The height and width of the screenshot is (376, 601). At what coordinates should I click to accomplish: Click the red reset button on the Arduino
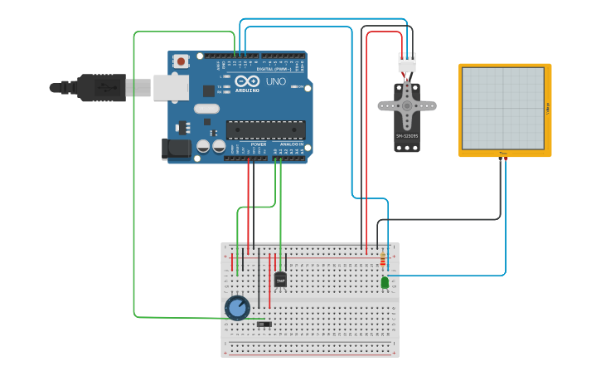point(181,61)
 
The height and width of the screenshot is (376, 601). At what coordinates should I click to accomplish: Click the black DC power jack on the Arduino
point(176,149)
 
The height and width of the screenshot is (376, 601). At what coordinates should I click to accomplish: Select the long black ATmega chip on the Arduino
point(265,129)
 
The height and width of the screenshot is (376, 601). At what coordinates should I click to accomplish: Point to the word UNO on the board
point(275,81)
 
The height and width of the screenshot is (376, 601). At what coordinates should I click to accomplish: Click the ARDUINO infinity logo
point(247,82)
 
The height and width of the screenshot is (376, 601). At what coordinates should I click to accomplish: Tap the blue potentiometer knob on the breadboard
point(237,308)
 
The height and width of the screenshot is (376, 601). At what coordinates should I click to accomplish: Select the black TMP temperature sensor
point(280,280)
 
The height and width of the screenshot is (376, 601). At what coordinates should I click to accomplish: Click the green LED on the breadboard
point(385,283)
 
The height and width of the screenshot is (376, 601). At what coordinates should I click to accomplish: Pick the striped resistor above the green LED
point(382,260)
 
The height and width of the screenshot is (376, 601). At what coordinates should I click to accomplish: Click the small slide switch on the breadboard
point(264,324)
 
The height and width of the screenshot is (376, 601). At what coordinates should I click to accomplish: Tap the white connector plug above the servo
point(407,63)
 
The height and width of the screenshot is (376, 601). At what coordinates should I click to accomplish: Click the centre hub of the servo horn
point(407,105)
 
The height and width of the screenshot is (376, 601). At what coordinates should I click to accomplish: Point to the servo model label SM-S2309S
point(407,135)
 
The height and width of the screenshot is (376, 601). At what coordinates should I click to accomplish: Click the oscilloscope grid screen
point(503,108)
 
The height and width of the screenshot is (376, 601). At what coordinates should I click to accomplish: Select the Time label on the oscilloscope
point(503,154)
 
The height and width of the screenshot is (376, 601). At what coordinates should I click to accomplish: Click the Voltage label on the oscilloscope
point(547,108)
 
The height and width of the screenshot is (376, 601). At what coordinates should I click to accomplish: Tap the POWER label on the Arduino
point(259,144)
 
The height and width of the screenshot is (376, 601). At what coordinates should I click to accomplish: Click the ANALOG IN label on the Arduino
point(291,144)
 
